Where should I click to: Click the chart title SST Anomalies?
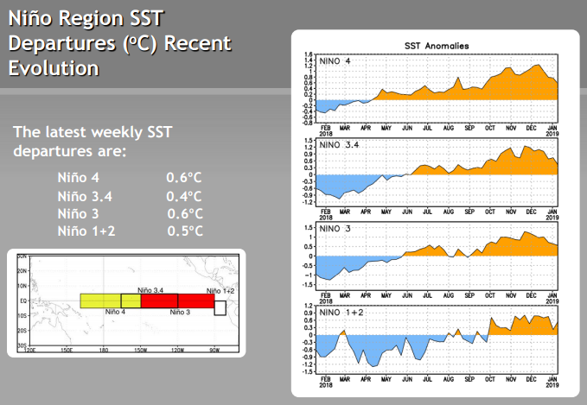[437, 45]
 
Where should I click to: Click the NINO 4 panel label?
[335, 60]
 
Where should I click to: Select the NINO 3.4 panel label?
[339, 145]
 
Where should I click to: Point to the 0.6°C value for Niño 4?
[184, 177]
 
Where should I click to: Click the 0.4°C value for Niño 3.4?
[184, 195]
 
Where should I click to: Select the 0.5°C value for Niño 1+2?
[184, 231]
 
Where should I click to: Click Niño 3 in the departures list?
[80, 213]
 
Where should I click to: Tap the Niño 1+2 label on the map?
[220, 291]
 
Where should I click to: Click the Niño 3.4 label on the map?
[152, 291]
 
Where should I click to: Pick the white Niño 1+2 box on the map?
[220, 307]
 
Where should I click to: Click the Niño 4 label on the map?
[115, 311]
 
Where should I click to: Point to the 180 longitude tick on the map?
[103, 350]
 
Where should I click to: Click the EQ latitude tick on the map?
[24, 301]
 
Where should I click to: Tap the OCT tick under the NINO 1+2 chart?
[490, 377]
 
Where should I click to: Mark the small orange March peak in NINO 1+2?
[343, 330]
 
